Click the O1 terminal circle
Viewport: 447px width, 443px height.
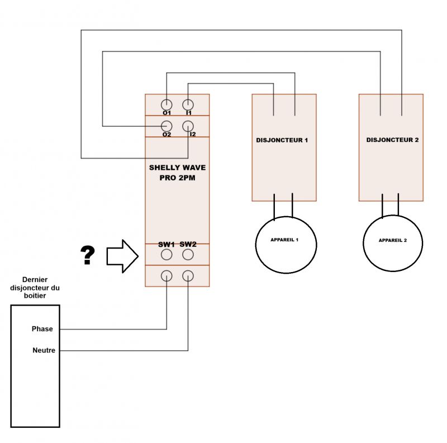167,104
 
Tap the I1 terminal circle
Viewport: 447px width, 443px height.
188,104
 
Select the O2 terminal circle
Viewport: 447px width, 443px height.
167,126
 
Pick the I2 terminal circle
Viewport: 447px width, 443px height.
188,126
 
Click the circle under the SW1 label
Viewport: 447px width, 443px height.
167,255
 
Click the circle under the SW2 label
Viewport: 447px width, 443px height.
188,255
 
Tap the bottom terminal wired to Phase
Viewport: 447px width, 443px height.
167,275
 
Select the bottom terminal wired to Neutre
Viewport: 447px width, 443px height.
188,275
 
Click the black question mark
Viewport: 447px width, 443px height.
88,255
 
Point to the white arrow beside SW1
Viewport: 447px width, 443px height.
122,256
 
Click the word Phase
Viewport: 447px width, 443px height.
42,329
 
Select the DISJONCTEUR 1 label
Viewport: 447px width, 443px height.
282,140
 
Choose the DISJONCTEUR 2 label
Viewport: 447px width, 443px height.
392,140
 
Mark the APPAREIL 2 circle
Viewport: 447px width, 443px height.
392,245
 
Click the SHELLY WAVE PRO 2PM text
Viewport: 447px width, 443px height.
177,172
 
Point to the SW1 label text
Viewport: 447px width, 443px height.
166,244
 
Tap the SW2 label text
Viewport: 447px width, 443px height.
188,244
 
